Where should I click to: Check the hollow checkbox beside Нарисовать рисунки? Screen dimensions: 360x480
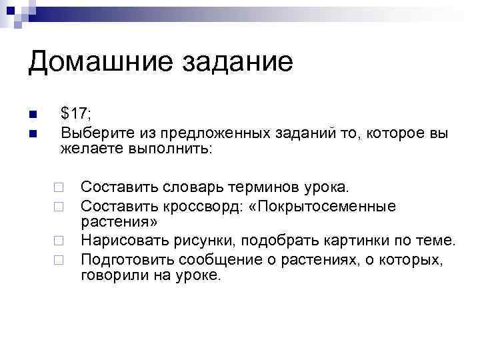pyautogui.click(x=59, y=240)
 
